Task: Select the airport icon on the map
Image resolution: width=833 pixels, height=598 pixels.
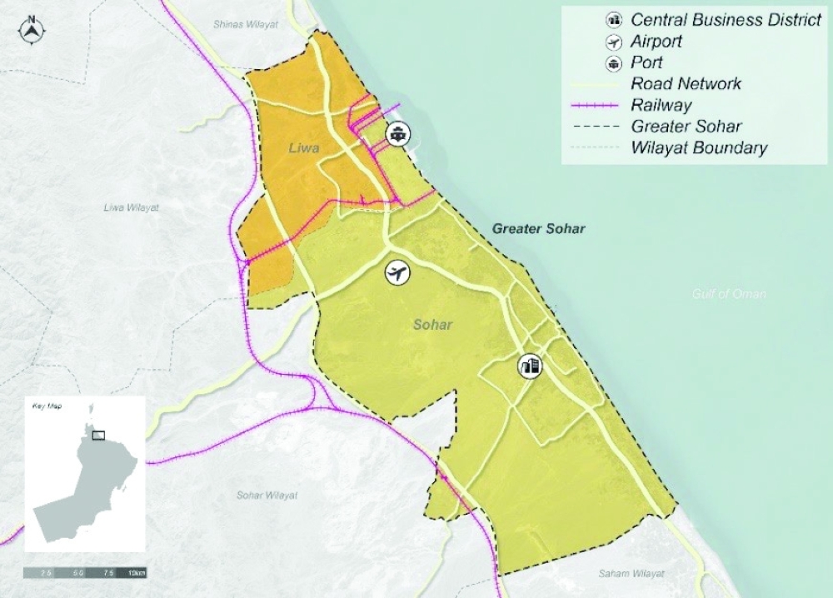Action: (398, 272)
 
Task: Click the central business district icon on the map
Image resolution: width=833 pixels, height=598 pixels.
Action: (529, 366)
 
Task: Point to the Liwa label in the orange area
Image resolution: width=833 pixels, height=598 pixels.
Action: (304, 148)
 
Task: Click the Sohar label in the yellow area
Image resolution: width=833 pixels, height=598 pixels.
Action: (432, 324)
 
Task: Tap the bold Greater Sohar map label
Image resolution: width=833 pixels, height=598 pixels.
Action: (538, 228)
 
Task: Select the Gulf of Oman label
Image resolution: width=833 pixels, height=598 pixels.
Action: (729, 294)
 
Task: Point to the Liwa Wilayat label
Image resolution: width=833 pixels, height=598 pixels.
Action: (131, 207)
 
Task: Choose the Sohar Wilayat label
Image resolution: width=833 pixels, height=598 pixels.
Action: (267, 496)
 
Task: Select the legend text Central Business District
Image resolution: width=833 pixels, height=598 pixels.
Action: (726, 20)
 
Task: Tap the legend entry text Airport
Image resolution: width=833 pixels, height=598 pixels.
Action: (656, 41)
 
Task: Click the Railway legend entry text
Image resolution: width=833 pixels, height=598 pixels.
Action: (662, 105)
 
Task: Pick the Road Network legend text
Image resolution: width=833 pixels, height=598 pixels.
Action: (686, 83)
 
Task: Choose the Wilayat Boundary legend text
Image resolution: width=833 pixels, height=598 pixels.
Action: (699, 148)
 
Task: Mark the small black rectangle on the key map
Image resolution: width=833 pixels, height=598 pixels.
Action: (98, 434)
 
